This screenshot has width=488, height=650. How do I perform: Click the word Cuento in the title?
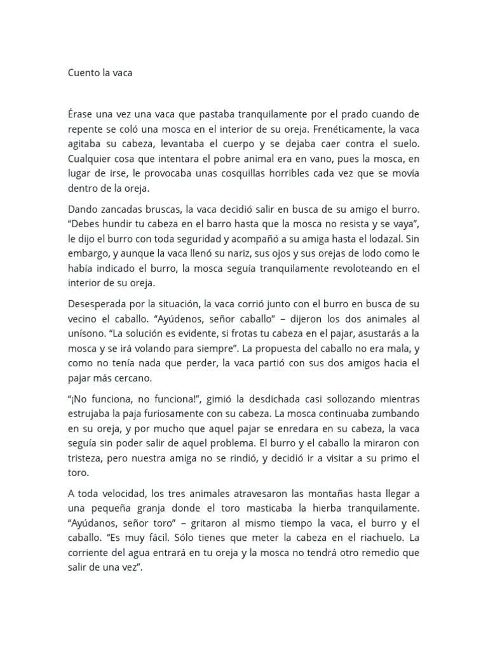click(85, 73)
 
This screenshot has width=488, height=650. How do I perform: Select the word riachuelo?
click(374, 541)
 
